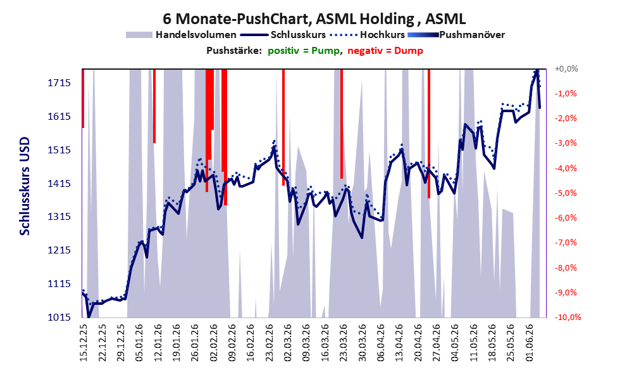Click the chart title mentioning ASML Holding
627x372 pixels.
314,19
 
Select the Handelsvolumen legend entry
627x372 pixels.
181,35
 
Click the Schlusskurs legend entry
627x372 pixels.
283,35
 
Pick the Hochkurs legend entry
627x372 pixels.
367,35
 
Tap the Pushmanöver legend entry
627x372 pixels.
456,35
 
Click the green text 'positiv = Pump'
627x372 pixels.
304,51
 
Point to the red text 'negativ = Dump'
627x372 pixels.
385,51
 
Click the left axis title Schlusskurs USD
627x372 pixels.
25,186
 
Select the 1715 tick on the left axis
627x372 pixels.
59,83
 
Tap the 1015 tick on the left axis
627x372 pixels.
59,317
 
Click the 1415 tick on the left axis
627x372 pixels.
59,184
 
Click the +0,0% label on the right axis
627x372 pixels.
566,69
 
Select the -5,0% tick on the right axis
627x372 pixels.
566,193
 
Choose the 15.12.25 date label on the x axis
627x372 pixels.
84,343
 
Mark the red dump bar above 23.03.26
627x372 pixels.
342,124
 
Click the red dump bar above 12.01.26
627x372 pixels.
154,106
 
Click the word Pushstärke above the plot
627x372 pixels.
234,51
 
